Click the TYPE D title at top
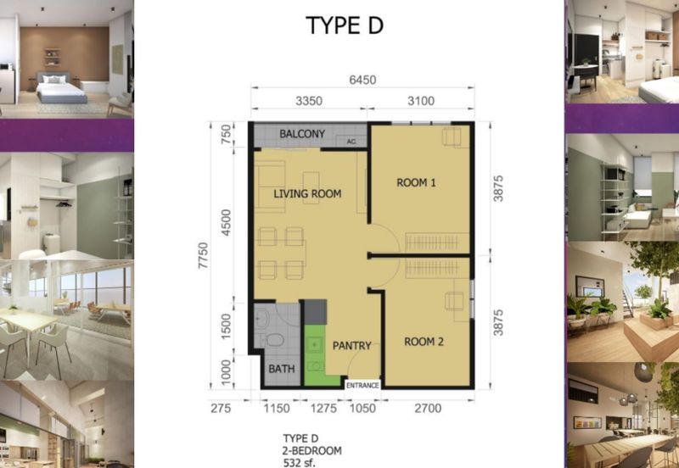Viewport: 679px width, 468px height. (x=345, y=25)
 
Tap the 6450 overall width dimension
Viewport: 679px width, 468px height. (x=361, y=81)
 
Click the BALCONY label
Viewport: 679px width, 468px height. (x=302, y=134)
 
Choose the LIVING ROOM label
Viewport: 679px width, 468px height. (x=307, y=194)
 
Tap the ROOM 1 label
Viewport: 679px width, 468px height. (x=415, y=181)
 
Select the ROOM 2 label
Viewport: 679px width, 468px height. (x=425, y=342)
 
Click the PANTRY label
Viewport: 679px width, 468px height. (x=351, y=346)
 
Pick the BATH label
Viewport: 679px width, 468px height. (x=280, y=370)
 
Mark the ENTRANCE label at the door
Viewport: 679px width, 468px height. (x=361, y=385)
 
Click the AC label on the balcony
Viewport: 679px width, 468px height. (x=351, y=142)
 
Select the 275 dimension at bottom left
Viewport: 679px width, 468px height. (x=221, y=409)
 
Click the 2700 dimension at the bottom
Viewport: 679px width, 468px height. (x=426, y=409)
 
